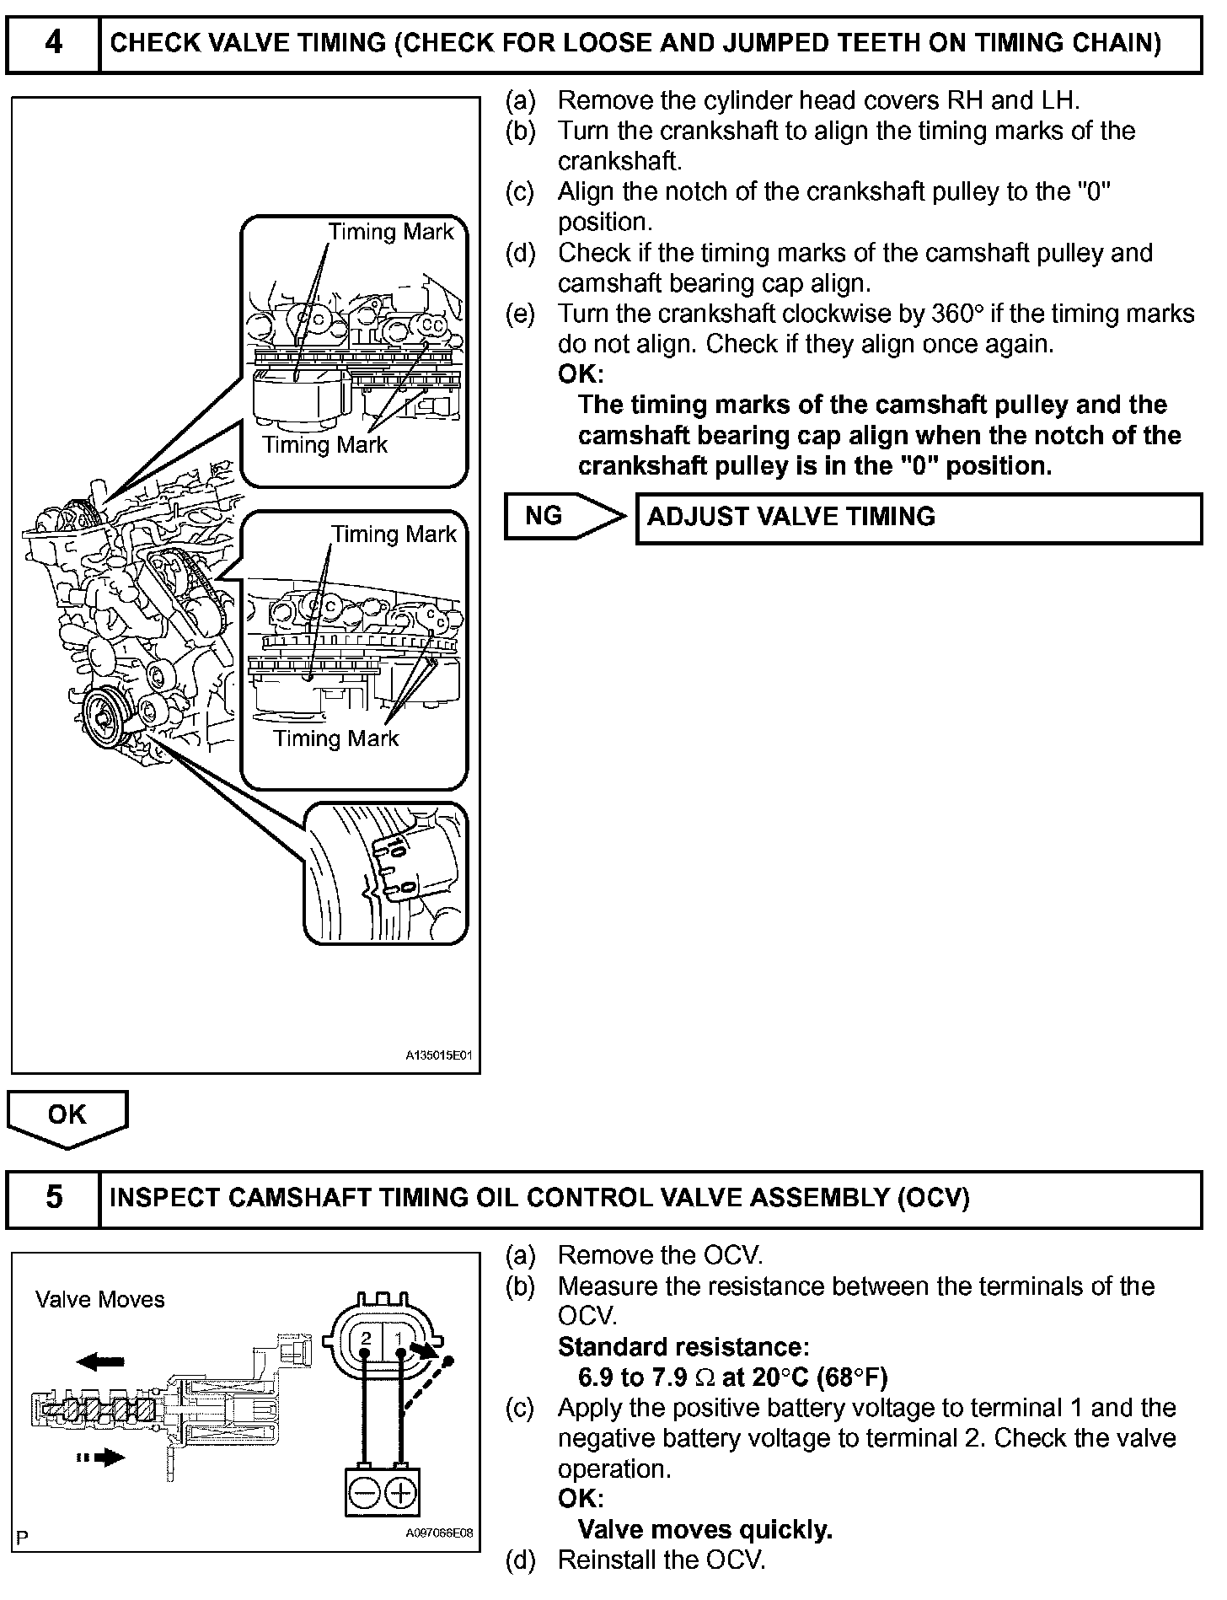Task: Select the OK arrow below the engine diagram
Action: pos(67,1116)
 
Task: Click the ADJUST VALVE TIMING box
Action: pos(919,517)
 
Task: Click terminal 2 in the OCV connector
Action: pos(366,1338)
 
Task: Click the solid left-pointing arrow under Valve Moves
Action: pos(100,1361)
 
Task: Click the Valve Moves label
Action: pos(99,1299)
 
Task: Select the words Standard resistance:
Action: pos(683,1346)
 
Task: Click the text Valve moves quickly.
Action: pos(705,1529)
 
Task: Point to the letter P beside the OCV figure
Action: pos(22,1538)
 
